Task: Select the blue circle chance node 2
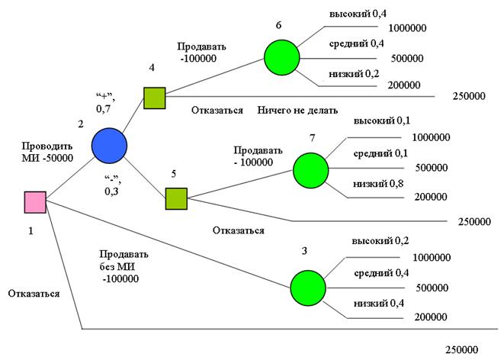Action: tap(109, 144)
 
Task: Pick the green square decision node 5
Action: tap(176, 198)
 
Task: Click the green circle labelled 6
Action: tap(283, 56)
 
